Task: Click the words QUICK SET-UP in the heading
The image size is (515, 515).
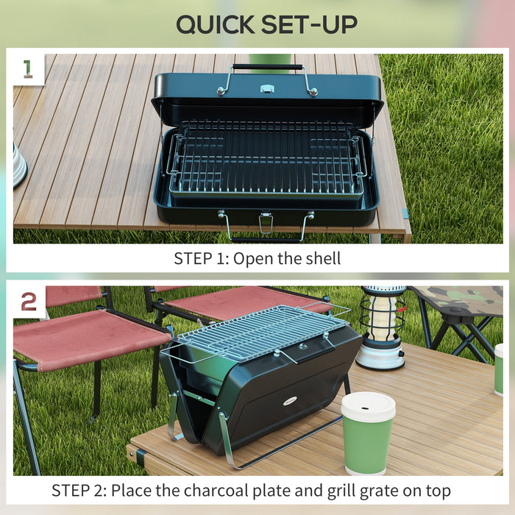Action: click(266, 24)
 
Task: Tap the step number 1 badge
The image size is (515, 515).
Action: click(28, 68)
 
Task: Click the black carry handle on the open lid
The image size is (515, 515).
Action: click(268, 67)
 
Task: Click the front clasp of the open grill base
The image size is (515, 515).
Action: click(266, 223)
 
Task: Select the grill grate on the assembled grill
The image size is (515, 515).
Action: click(261, 330)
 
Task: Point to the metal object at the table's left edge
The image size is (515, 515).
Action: click(19, 166)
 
